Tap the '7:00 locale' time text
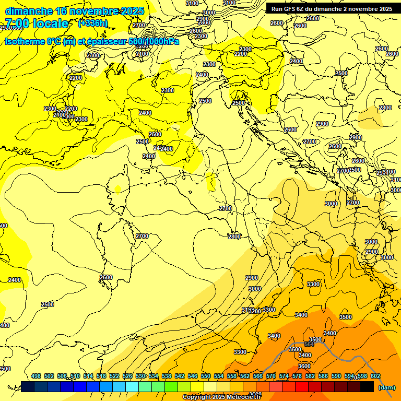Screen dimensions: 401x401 (37, 23)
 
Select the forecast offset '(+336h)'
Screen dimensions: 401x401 (93, 23)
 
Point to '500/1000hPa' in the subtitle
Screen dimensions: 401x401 (154, 41)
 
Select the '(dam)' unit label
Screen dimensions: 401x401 (386, 387)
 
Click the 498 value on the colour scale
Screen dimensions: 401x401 (36, 376)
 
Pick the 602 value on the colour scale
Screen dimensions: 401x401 (375, 376)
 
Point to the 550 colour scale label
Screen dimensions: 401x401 (206, 376)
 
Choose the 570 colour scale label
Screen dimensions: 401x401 (271, 376)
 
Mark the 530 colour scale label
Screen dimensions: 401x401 (140, 376)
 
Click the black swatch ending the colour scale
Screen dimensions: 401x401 (367, 386)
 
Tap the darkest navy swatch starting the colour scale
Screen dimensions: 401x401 (28, 386)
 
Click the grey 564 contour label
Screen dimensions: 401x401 (309, 344)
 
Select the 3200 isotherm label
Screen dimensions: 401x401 (255, 311)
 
